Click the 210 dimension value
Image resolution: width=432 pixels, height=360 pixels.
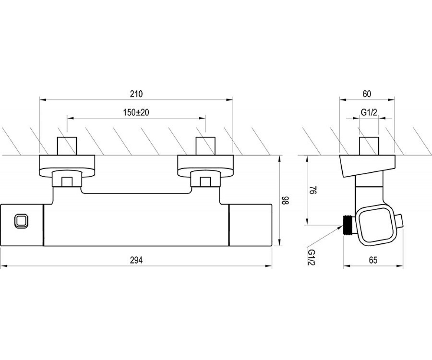(x=136, y=94)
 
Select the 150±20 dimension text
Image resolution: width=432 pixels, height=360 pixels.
(x=136, y=112)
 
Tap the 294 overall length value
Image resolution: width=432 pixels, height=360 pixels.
(x=136, y=260)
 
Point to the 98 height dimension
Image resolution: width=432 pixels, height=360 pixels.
(x=285, y=200)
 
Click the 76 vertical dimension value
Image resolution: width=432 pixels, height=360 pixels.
(x=313, y=190)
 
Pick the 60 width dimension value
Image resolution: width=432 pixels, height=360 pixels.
(x=367, y=94)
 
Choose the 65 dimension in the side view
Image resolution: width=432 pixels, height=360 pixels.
(x=373, y=260)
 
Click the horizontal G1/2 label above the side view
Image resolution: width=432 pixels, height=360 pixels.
(x=369, y=112)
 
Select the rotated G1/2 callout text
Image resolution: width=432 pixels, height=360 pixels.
(x=311, y=257)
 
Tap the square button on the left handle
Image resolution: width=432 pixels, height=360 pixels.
(x=21, y=221)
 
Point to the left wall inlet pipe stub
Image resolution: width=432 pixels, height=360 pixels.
(x=67, y=146)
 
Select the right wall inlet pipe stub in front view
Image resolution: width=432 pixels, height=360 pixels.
(x=206, y=146)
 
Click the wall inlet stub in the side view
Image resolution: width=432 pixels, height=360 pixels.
(x=369, y=146)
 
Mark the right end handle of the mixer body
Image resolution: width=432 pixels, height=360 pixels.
(x=250, y=225)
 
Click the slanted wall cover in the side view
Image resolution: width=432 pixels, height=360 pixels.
(x=368, y=166)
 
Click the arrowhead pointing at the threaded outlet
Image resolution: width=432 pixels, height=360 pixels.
(x=339, y=226)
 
